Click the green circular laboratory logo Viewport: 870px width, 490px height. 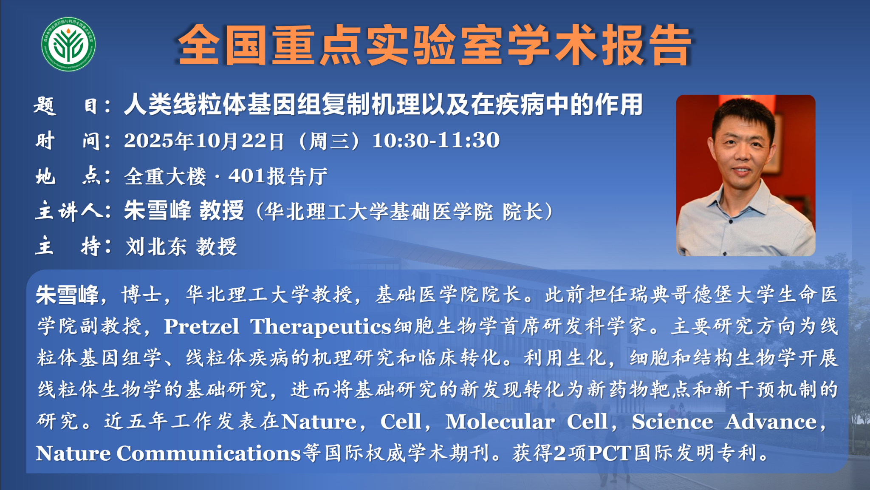click(68, 44)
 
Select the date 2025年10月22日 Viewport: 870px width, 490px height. click(204, 141)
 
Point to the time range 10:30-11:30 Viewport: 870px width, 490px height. click(436, 140)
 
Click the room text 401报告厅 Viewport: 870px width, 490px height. click(278, 176)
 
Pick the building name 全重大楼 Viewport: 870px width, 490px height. click(165, 176)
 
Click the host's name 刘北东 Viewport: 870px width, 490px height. click(156, 246)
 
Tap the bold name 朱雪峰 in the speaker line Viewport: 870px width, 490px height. click(158, 210)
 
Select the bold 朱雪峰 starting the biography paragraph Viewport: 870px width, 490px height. click(67, 295)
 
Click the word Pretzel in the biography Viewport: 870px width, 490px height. click(201, 326)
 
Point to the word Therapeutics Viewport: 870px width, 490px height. click(321, 327)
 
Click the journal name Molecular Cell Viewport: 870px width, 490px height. click(527, 422)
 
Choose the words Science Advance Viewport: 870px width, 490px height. click(724, 422)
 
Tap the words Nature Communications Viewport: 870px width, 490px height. click(168, 453)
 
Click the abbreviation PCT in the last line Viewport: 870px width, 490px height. click(610, 453)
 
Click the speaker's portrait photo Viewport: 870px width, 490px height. click(746, 175)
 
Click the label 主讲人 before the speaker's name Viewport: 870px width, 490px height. click(68, 211)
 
